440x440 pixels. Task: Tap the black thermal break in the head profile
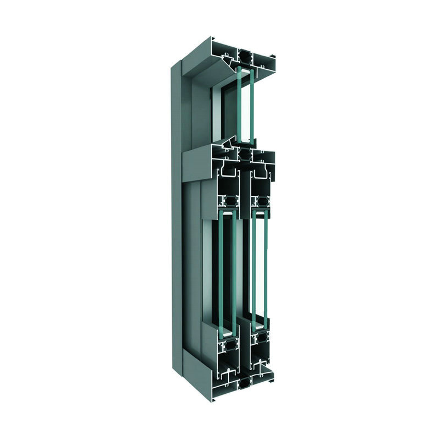pyautogui.click(x=244, y=56)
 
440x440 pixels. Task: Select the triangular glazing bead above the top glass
pyautogui.click(x=234, y=67)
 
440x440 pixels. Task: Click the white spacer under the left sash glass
pyautogui.click(x=226, y=334)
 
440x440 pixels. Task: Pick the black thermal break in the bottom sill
pyautogui.click(x=244, y=382)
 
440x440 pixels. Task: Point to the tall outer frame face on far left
pyautogui.click(x=175, y=220)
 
